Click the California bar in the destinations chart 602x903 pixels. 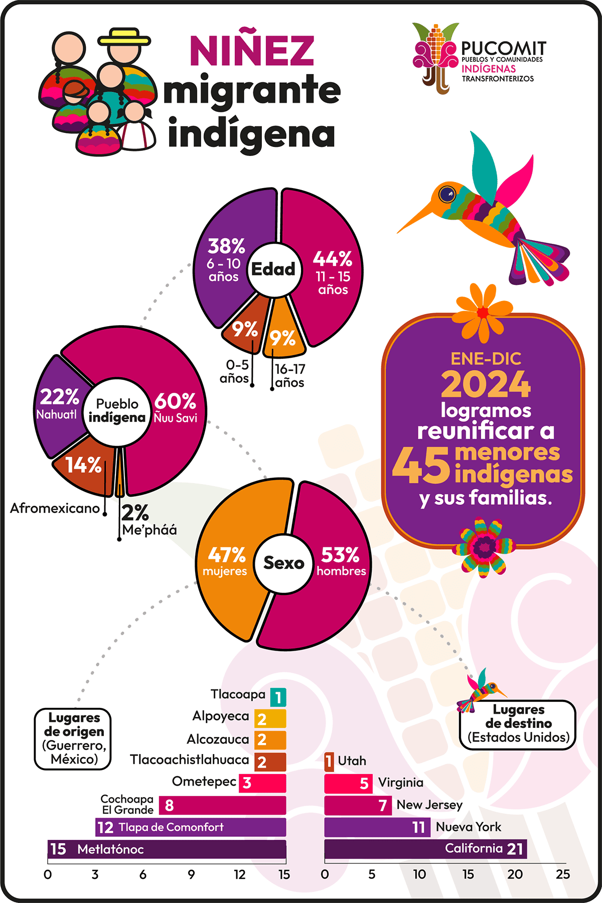point(425,849)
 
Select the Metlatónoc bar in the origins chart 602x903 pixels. point(167,849)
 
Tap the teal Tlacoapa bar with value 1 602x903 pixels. point(278,697)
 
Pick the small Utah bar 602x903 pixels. point(329,761)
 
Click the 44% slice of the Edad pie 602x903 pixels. point(331,271)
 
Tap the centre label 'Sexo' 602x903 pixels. point(284,563)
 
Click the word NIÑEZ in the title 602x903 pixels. point(252,51)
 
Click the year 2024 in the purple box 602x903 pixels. point(486,385)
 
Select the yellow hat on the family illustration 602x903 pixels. point(124,38)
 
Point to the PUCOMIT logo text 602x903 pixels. point(503,49)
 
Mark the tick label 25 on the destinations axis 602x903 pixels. point(563,874)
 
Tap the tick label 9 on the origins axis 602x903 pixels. point(191,874)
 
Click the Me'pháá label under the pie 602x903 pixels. point(149,530)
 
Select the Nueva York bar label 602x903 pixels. point(469,827)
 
